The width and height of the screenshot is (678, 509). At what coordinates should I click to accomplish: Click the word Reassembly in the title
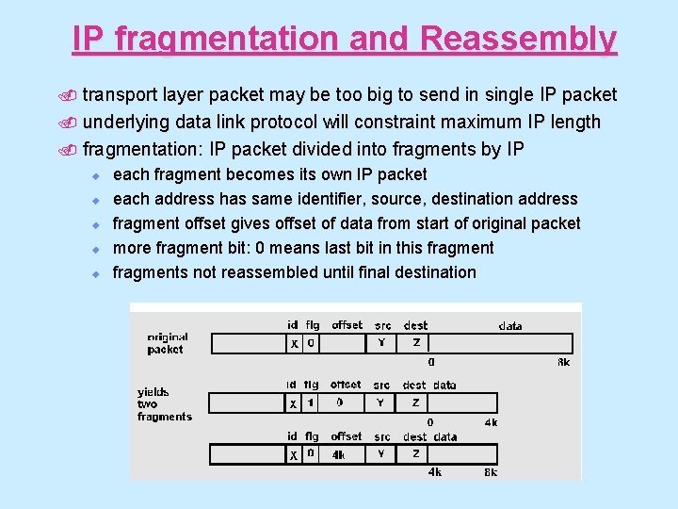pos(519,39)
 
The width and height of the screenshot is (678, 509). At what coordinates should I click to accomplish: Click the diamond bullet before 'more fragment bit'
pos(95,248)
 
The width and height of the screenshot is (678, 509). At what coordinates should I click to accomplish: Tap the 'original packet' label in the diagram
pos(168,343)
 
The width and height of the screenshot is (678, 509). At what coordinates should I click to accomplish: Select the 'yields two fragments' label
pos(164,403)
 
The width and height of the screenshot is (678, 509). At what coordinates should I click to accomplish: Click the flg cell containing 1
pos(311,402)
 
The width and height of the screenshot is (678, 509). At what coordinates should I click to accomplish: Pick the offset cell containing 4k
pos(338,454)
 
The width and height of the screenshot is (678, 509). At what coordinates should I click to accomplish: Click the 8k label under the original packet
pos(563,362)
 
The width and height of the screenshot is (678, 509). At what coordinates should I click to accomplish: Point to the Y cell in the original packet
pos(381,343)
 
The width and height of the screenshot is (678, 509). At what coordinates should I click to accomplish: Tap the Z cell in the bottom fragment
pos(415,454)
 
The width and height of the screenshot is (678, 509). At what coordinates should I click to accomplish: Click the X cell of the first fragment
pos(294,402)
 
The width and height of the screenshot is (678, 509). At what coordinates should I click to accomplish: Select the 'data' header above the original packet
pos(510,325)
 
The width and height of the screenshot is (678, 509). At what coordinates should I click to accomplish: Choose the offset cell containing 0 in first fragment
pos(339,402)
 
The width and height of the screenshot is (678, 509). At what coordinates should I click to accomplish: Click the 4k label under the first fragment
pos(491,422)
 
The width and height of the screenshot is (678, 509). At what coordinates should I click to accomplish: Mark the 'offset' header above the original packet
pos(347,325)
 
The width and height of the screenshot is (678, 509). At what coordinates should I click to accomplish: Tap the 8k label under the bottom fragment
pos(491,472)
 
